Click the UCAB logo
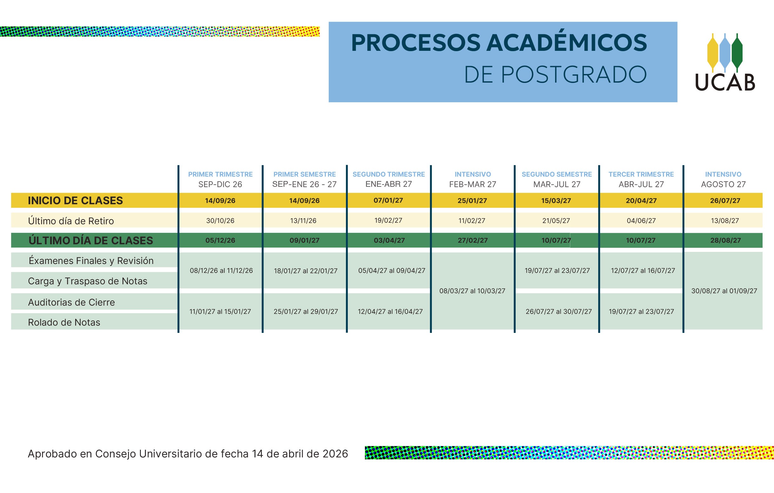[725, 62]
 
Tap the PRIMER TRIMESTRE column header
[221, 174]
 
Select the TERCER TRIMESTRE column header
[641, 174]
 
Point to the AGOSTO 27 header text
[723, 184]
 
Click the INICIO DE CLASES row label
[75, 200]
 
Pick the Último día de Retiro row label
[71, 221]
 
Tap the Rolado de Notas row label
[64, 322]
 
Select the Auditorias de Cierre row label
[71, 302]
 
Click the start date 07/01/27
[388, 200]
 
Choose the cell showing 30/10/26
[220, 221]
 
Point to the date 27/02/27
[473, 240]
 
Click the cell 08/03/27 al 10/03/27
[472, 291]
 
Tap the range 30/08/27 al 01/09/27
[724, 291]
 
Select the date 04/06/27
[641, 221]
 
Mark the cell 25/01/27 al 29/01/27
[306, 312]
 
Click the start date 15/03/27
[556, 201]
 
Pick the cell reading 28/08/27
[725, 240]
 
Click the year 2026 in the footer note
[335, 454]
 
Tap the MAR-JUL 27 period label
[557, 184]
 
